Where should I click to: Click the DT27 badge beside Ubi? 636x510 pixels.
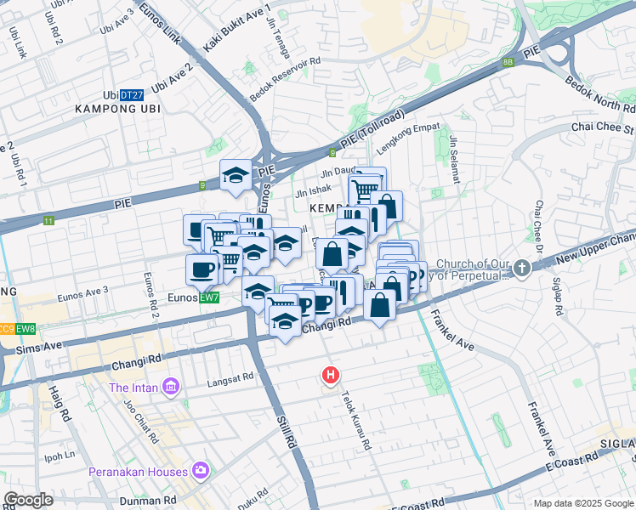[131, 95]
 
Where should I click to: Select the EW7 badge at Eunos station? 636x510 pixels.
[209, 297]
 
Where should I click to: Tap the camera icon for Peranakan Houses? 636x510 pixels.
[201, 470]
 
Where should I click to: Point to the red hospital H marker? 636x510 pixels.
[330, 374]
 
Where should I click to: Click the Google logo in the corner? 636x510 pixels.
[28, 500]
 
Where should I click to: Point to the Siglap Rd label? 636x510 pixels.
[561, 295]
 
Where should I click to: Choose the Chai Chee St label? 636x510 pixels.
[603, 129]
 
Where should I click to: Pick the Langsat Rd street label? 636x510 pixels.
[231, 377]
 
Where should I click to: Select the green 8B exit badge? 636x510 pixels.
[508, 62]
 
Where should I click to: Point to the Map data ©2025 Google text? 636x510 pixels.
[582, 503]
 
